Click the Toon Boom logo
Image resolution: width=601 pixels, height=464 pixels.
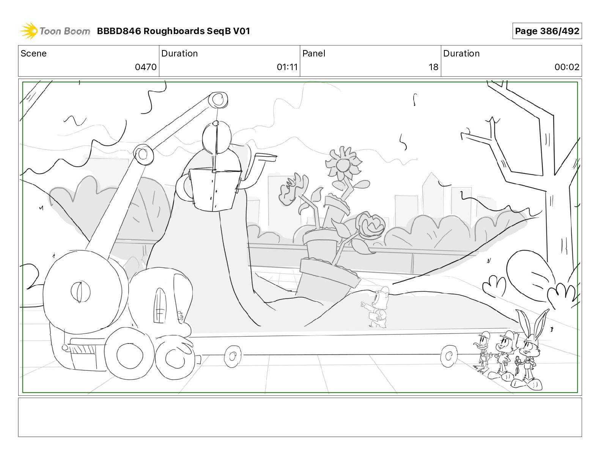pos(55,31)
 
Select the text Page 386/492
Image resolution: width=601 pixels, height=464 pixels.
pos(547,31)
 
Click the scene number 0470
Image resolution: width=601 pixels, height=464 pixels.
pos(145,67)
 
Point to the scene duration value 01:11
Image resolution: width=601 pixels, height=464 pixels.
pos(287,67)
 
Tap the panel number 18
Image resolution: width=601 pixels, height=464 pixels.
pos(433,67)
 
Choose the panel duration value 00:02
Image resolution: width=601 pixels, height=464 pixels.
pos(567,67)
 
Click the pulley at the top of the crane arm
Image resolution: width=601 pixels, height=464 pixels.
pos(219,100)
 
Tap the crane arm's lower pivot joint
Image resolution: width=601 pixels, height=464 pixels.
pos(143,154)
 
